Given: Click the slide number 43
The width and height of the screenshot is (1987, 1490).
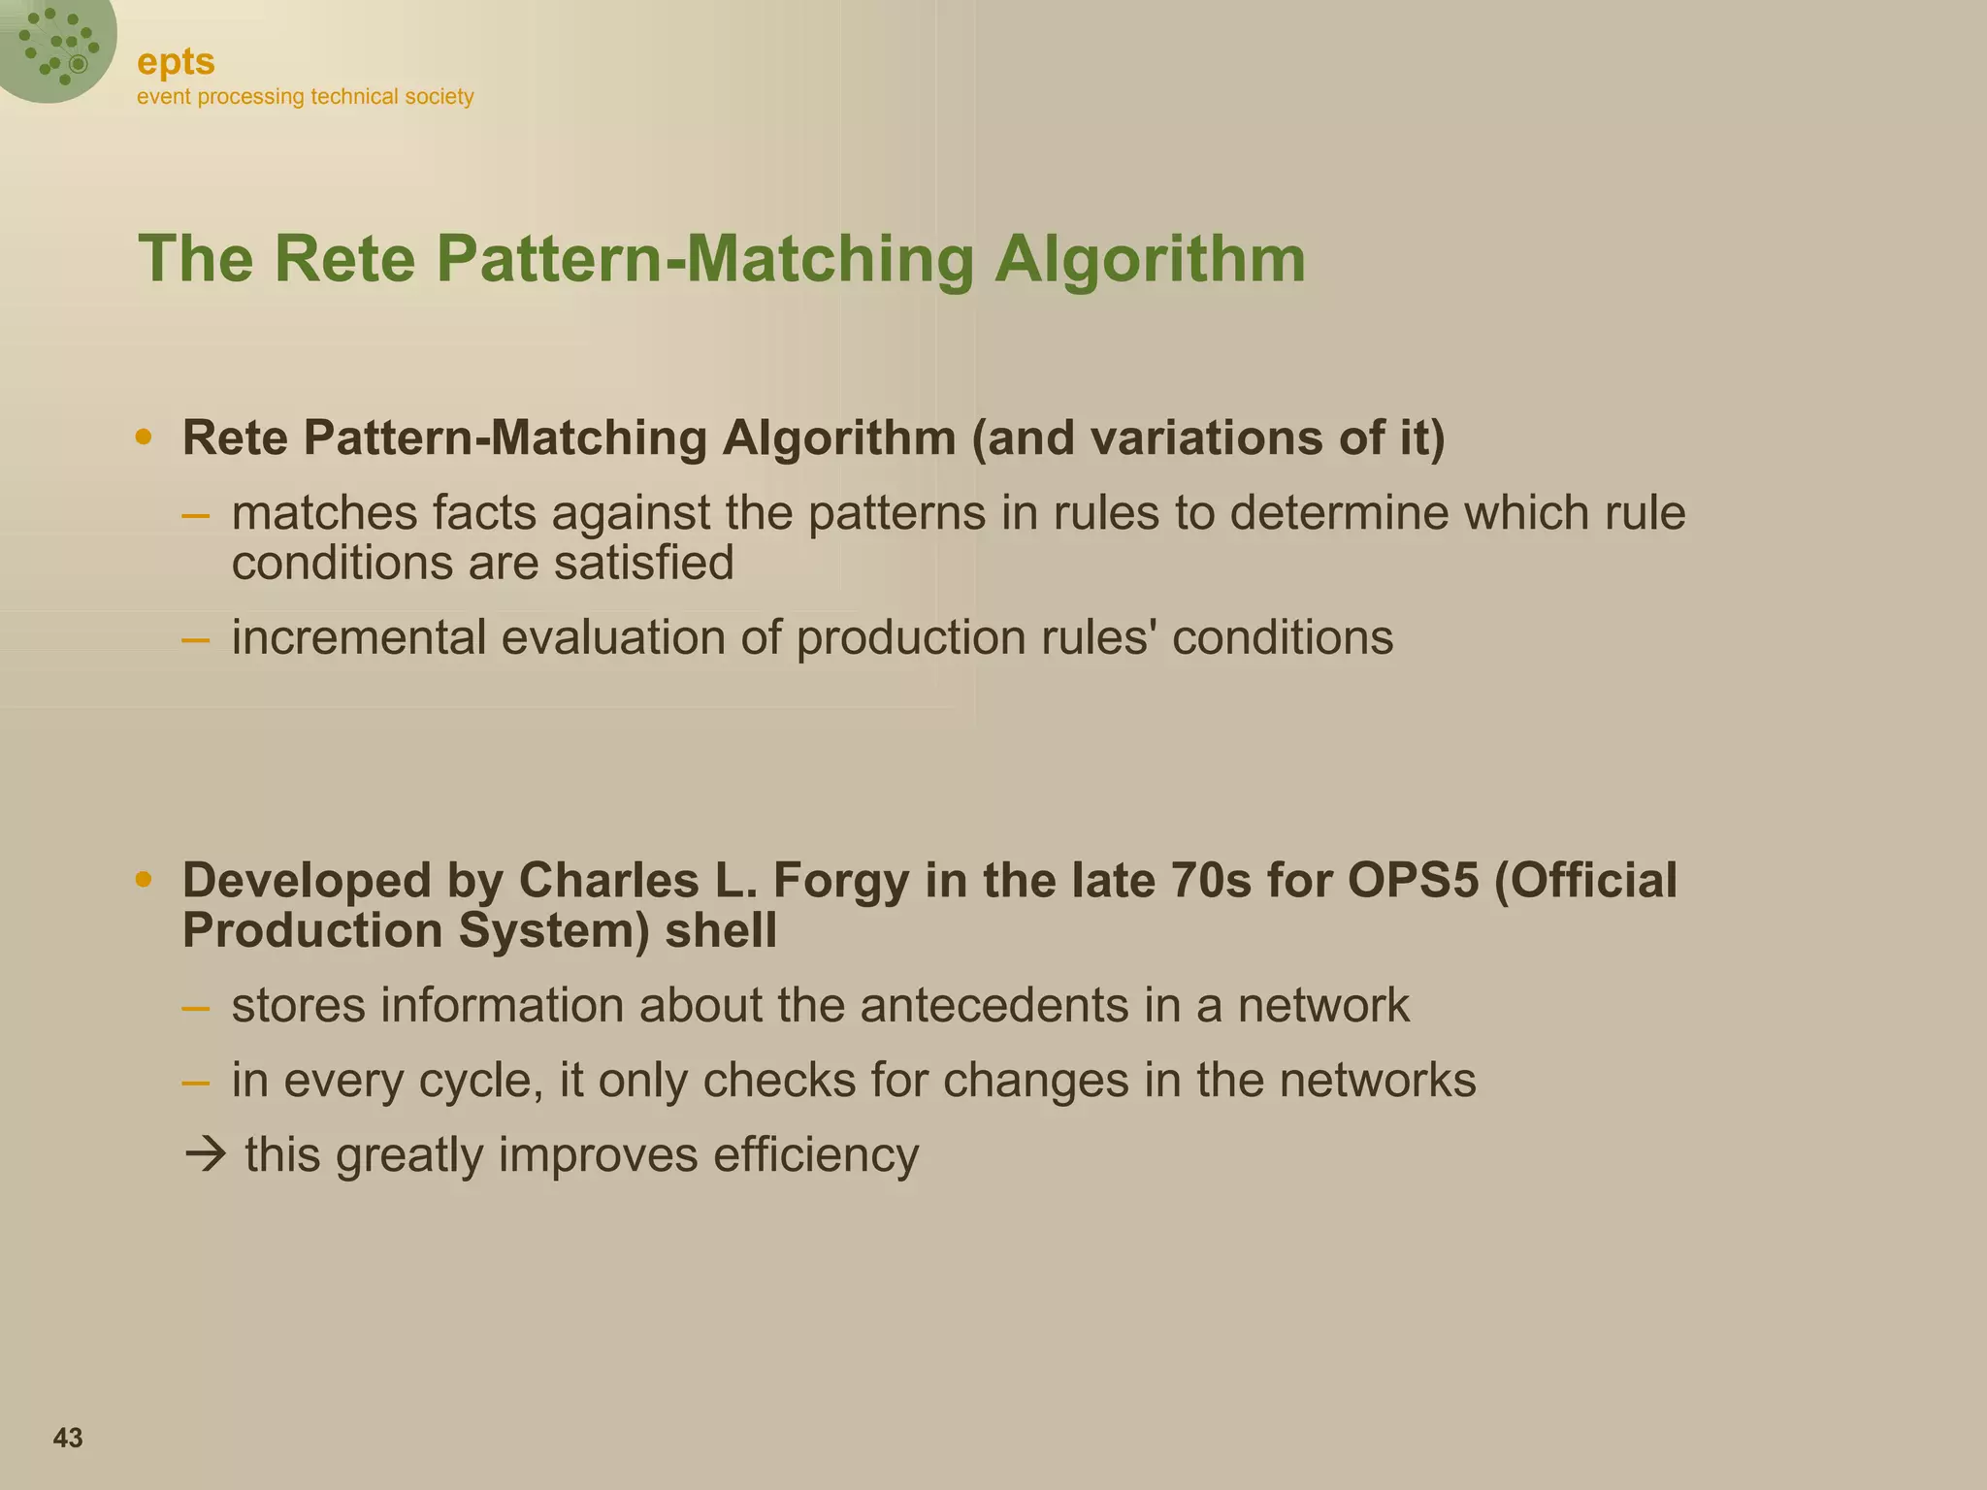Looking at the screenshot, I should [x=68, y=1438].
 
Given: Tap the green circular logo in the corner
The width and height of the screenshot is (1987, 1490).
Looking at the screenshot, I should [x=55, y=44].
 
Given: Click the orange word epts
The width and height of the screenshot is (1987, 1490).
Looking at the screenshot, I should [x=176, y=62].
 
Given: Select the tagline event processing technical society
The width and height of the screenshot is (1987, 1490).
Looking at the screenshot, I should [x=305, y=97].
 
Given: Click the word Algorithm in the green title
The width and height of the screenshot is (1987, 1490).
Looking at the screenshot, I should [x=1150, y=259].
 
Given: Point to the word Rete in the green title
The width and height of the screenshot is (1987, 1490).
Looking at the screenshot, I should [x=343, y=259].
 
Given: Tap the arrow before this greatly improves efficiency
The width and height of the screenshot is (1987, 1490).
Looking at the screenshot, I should [x=204, y=1155].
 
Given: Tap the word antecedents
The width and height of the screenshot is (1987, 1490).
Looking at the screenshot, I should [x=994, y=1005].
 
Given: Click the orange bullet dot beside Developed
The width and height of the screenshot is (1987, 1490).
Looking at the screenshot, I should [x=144, y=880].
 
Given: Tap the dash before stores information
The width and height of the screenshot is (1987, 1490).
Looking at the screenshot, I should [x=195, y=1006].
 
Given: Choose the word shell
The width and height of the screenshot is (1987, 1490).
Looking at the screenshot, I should [x=721, y=931].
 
